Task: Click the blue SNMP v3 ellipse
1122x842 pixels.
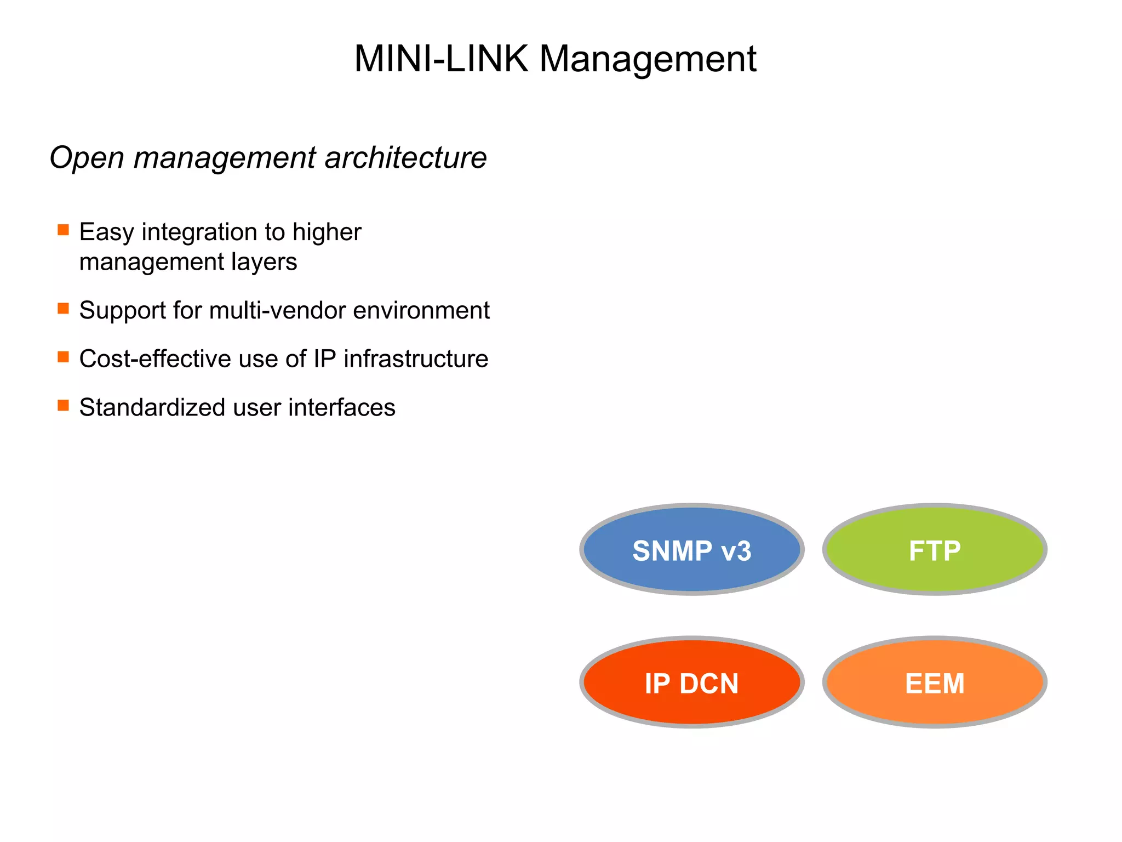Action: [691, 549]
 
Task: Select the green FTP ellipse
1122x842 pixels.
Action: [935, 549]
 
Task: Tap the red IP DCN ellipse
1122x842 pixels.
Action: [691, 682]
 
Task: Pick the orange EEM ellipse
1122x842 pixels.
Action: [935, 682]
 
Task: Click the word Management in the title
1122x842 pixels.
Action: [648, 59]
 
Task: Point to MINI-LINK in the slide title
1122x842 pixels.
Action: [440, 59]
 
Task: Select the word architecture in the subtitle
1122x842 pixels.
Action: [405, 158]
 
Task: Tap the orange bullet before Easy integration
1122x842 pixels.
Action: [64, 230]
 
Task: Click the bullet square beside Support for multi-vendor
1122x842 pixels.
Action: [64, 308]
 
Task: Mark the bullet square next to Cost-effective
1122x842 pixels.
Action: [64, 357]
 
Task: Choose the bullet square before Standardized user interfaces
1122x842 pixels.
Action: [64, 406]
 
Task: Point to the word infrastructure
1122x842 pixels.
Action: [416, 359]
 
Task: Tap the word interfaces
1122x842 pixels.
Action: [342, 408]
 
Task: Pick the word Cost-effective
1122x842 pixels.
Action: [147, 359]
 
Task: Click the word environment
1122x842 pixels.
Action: [421, 310]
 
